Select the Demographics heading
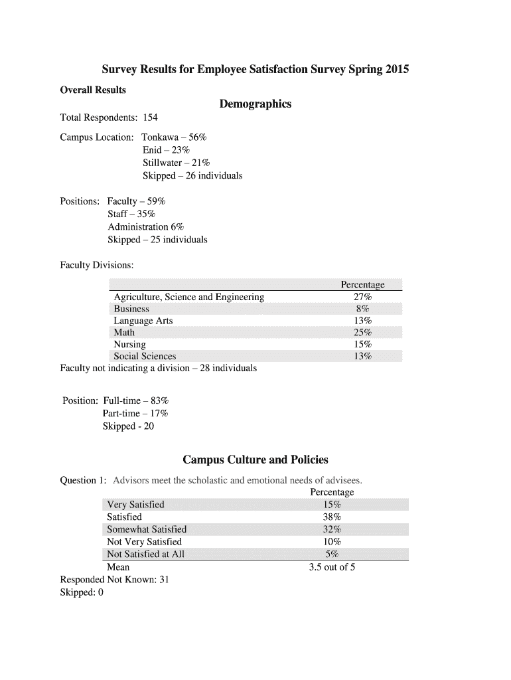click(x=256, y=104)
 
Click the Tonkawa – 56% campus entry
click(x=174, y=137)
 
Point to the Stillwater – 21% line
click(x=176, y=163)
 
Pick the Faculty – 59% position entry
click(x=136, y=201)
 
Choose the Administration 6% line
click(x=145, y=226)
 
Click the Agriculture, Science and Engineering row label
click(x=188, y=297)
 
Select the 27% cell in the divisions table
click(x=362, y=297)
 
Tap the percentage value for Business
click(x=362, y=309)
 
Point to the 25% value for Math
click(x=362, y=333)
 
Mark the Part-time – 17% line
click(x=135, y=413)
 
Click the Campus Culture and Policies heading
click(x=256, y=460)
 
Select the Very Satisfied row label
click(x=135, y=504)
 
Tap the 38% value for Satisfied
click(x=332, y=517)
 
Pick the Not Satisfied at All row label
click(x=145, y=554)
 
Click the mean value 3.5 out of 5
click(x=332, y=567)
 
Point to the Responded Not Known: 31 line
click(x=114, y=580)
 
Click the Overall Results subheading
click(x=93, y=90)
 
